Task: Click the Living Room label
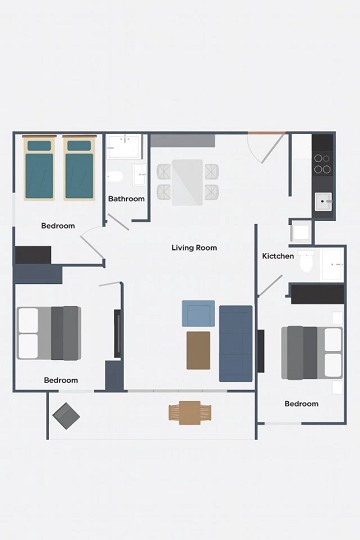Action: [x=194, y=248]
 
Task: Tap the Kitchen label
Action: [x=278, y=257]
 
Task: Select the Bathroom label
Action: [x=127, y=199]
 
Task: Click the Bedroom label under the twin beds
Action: [x=58, y=226]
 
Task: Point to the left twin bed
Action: [x=39, y=167]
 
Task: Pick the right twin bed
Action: [x=79, y=167]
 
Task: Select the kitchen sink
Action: [x=323, y=202]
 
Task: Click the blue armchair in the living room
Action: [x=197, y=313]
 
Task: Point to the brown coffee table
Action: [x=198, y=350]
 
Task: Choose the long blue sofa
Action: [x=236, y=343]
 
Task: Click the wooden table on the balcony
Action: [x=189, y=411]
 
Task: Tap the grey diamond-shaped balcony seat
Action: [x=67, y=414]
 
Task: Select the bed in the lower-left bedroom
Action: [x=49, y=333]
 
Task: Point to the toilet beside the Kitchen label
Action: [x=307, y=265]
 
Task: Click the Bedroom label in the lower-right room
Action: [x=301, y=404]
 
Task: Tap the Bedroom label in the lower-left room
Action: [x=61, y=380]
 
